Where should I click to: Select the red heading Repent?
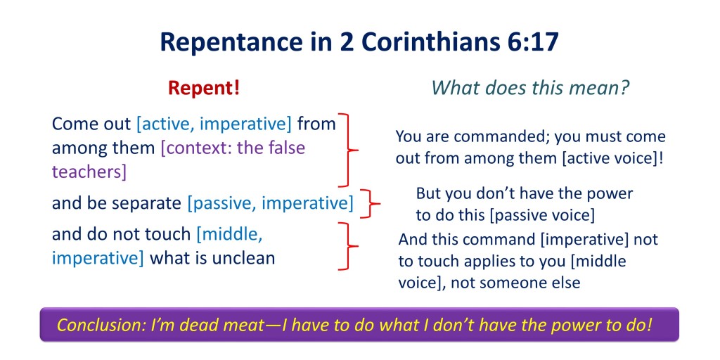(x=204, y=89)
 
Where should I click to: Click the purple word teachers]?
(x=89, y=172)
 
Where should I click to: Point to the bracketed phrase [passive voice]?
(x=542, y=215)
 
